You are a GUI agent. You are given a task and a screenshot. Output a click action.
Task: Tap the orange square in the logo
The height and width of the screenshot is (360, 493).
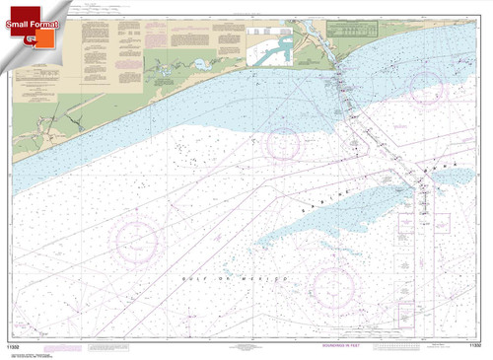coord(43,41)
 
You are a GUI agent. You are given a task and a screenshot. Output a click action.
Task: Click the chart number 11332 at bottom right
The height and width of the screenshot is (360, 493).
coord(473,346)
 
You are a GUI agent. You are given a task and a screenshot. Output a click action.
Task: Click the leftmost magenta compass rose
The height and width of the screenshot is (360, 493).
coord(137,241)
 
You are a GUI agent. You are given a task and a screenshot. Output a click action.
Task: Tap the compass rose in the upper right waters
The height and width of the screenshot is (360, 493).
coord(426,87)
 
